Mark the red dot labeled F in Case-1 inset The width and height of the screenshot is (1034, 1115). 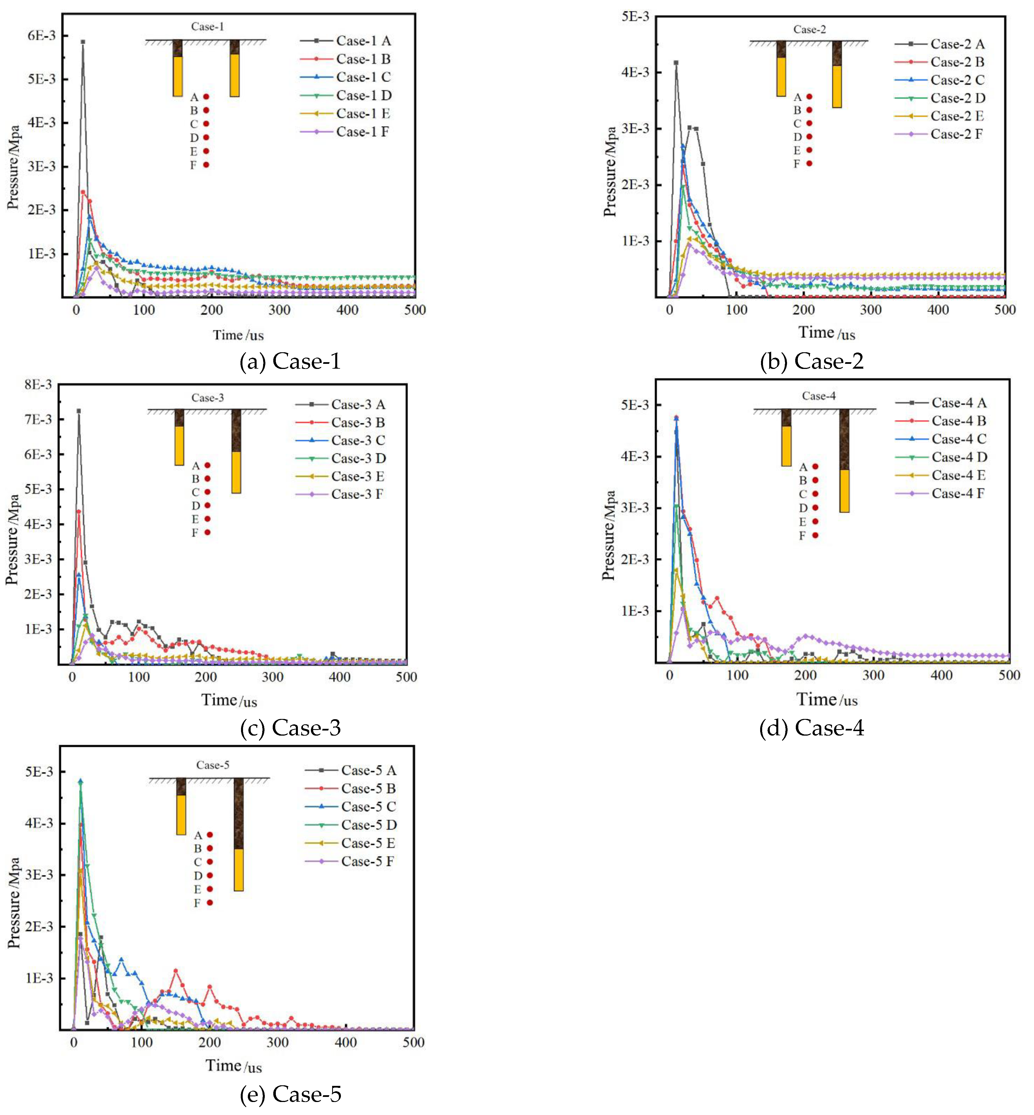(x=206, y=165)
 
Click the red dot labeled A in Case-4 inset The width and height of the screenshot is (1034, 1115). (x=815, y=466)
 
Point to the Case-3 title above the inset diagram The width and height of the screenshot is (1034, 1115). (x=208, y=398)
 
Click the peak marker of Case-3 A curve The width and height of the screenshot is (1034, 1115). (x=79, y=411)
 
